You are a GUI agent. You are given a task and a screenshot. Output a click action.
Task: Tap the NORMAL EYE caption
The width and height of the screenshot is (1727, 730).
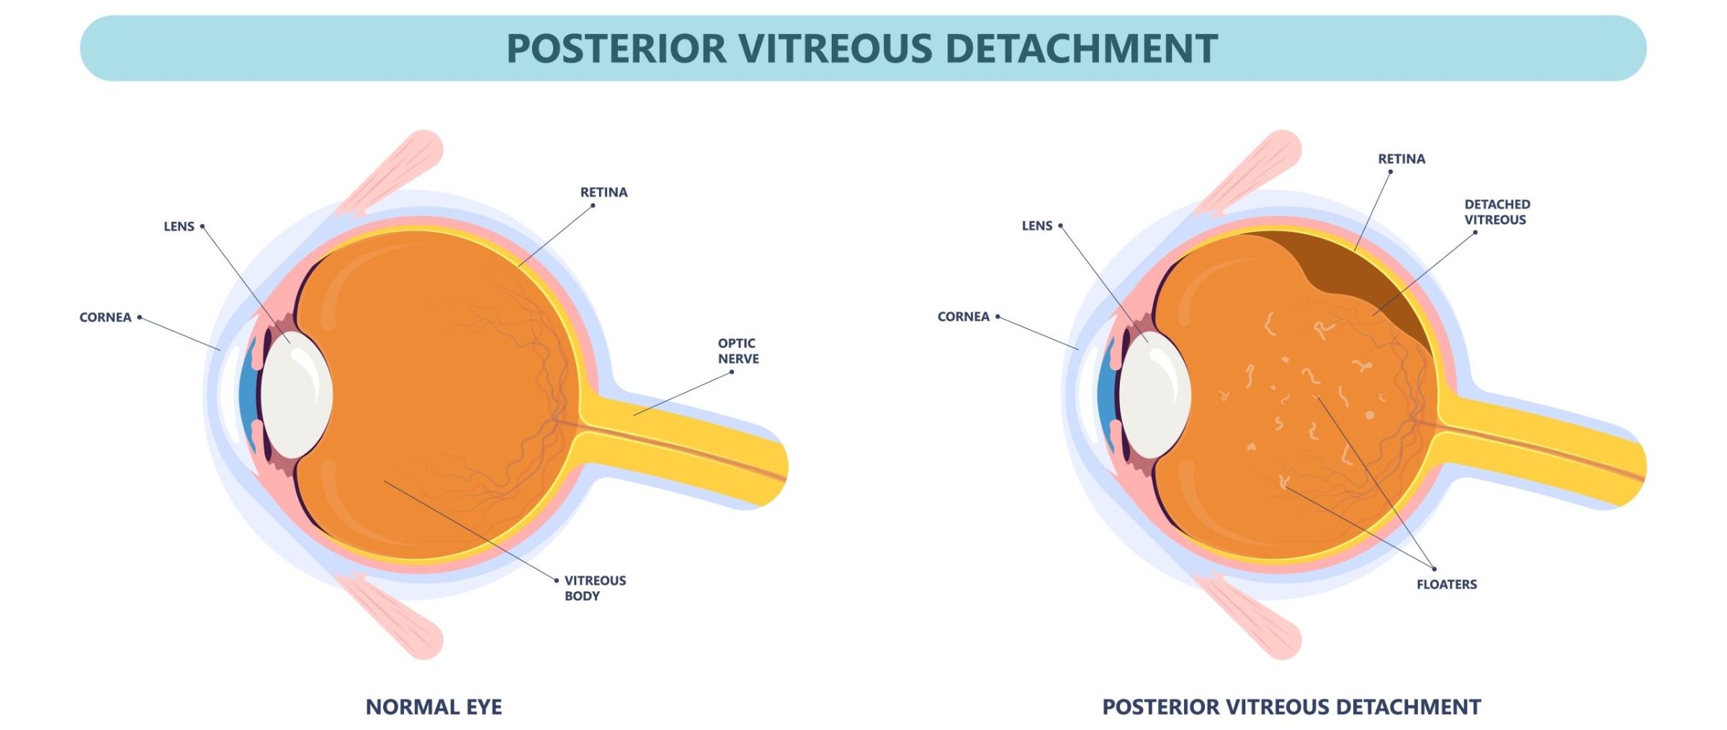(434, 707)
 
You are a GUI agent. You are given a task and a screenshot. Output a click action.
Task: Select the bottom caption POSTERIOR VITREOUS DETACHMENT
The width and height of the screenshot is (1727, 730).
(1291, 707)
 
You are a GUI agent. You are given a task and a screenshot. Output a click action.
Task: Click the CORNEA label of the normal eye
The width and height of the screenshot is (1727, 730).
(105, 317)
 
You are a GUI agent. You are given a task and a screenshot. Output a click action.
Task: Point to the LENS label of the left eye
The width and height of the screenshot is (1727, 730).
(179, 226)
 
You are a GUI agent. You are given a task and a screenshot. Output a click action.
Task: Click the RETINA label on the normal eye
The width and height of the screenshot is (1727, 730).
(604, 192)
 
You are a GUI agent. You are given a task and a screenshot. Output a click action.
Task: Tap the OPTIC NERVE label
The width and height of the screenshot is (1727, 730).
(738, 351)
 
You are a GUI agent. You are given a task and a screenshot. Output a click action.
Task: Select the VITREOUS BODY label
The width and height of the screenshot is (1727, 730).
(595, 588)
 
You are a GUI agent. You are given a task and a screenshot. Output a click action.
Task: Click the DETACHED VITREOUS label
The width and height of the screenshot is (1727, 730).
(1497, 212)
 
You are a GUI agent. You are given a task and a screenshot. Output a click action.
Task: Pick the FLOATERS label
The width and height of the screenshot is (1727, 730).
(1446, 585)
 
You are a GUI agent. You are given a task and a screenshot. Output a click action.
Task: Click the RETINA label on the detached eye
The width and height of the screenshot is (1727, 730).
(1401, 159)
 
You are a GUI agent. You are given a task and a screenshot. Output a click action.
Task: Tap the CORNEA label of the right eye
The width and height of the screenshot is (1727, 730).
(963, 317)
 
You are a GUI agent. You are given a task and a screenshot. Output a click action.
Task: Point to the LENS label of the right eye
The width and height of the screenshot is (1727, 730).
(1037, 226)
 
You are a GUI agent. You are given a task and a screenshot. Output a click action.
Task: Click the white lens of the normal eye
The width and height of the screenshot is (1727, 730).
(295, 395)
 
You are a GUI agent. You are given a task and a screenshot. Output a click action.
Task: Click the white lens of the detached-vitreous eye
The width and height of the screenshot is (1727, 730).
(1154, 395)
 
